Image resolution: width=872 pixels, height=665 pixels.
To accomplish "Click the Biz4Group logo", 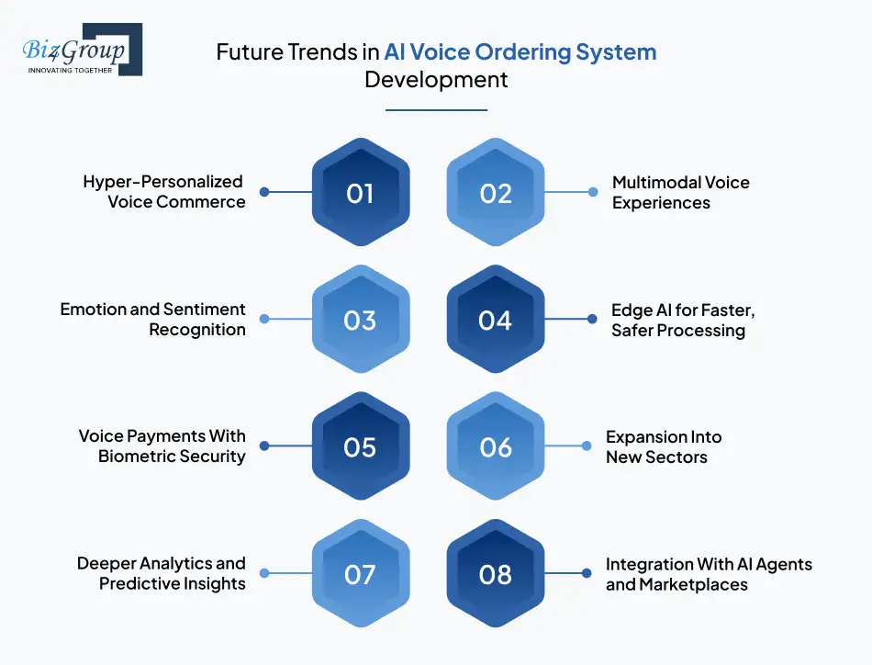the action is [82, 50].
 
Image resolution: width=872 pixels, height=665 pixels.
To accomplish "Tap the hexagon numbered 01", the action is [361, 192].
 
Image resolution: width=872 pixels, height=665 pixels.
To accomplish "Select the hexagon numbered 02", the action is [496, 192].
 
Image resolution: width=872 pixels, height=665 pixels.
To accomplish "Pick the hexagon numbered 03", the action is [361, 319].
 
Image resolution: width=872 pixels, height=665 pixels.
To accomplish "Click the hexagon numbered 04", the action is [496, 319].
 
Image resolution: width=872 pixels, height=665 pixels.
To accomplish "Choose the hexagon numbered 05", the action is [361, 445].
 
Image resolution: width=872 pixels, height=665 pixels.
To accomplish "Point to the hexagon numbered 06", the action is [496, 445].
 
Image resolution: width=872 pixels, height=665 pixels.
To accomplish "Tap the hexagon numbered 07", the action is [361, 573].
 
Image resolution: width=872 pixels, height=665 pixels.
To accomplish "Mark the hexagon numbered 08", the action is [496, 573].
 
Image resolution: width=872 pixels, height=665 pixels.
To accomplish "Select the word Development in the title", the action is [436, 80].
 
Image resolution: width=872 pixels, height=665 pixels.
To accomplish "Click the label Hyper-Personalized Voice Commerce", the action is [163, 191].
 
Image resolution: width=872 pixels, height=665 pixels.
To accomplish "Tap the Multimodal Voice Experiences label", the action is [681, 193].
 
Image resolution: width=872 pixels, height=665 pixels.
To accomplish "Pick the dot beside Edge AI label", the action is [592, 319].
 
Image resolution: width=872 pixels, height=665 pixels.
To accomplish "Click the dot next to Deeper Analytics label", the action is [264, 573].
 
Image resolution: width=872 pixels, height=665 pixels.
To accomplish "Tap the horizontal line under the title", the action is [437, 110].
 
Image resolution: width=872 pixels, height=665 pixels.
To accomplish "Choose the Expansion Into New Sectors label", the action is [664, 447].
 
